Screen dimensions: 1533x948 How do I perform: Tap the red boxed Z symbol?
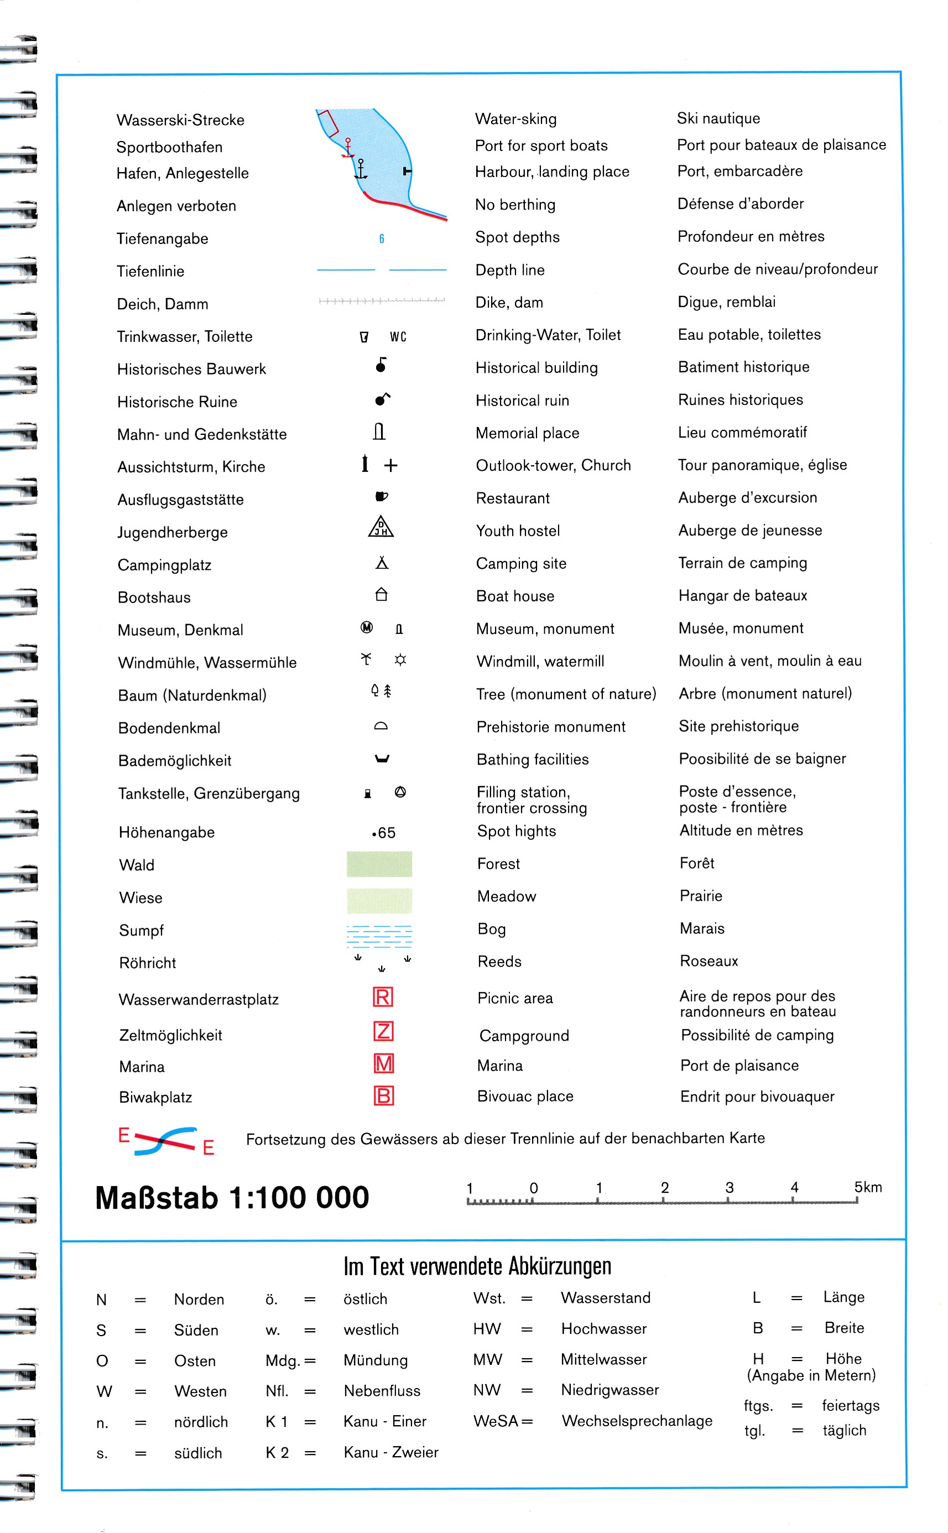pyautogui.click(x=383, y=1031)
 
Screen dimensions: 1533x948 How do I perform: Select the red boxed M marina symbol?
pyautogui.click(x=383, y=1063)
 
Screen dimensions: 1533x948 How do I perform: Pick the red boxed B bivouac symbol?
pyautogui.click(x=383, y=1095)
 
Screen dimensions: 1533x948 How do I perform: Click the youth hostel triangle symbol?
pyautogui.click(x=381, y=527)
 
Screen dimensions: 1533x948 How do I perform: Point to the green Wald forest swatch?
pyautogui.click(x=379, y=864)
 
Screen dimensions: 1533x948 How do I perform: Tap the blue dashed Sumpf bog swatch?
pyautogui.click(x=379, y=936)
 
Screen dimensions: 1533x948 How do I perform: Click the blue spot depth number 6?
pyautogui.click(x=381, y=238)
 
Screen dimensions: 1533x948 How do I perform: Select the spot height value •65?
pyautogui.click(x=384, y=833)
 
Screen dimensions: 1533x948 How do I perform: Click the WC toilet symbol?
pyautogui.click(x=398, y=337)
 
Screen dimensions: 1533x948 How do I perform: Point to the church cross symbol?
pyautogui.click(x=390, y=465)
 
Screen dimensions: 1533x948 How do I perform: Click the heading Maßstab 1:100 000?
pyautogui.click(x=232, y=1198)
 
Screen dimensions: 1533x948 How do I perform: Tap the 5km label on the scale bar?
pyautogui.click(x=868, y=1187)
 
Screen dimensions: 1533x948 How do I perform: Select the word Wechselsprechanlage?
pyautogui.click(x=637, y=1421)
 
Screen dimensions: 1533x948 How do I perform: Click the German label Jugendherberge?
pyautogui.click(x=173, y=532)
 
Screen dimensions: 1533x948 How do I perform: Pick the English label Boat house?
pyautogui.click(x=515, y=596)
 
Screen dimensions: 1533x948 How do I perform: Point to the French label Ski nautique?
pyautogui.click(x=718, y=118)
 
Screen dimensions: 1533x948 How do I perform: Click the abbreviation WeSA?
pyautogui.click(x=496, y=1421)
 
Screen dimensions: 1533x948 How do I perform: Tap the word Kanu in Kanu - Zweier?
pyautogui.click(x=361, y=1452)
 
